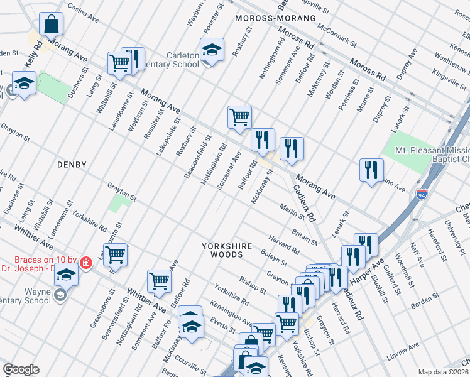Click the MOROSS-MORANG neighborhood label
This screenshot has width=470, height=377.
click(275, 18)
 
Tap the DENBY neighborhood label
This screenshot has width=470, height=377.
click(72, 165)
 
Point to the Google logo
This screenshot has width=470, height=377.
click(21, 369)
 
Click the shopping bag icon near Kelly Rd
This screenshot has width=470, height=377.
click(51, 24)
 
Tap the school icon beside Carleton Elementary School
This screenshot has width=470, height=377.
click(212, 49)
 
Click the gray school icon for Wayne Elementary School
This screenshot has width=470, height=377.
click(60, 294)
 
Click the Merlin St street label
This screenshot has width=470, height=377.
click(292, 214)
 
